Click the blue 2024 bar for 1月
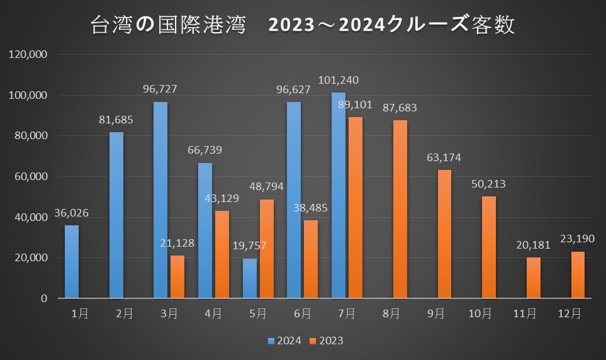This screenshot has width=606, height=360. [71, 262]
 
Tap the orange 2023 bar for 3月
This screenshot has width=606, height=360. [177, 277]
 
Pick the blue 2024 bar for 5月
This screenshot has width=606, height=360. [250, 278]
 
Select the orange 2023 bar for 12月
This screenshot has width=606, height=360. [578, 275]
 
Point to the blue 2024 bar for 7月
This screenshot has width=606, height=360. [339, 196]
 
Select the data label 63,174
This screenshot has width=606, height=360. [444, 158]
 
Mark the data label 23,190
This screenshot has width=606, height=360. [578, 239]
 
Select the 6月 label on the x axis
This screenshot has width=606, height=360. [302, 313]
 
